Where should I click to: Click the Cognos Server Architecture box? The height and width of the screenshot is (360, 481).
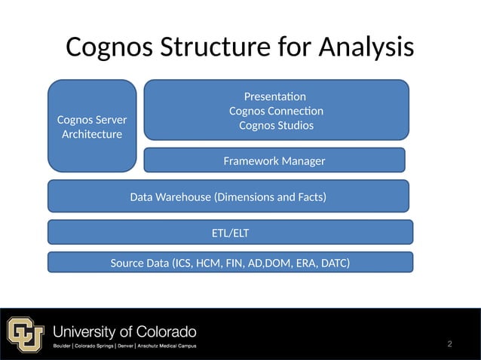click(92, 127)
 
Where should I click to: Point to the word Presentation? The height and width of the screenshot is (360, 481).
click(275, 96)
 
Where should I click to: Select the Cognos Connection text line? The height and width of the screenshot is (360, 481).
click(276, 111)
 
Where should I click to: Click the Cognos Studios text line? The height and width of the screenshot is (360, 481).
click(276, 125)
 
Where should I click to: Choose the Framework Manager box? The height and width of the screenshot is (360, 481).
click(274, 161)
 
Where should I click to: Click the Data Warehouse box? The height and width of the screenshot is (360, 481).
click(228, 197)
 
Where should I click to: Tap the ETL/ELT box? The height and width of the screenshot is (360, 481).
click(230, 233)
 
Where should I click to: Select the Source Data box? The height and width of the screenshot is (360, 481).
click(230, 263)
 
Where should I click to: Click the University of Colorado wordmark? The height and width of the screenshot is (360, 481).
click(124, 331)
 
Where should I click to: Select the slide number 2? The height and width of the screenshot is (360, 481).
click(449, 344)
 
